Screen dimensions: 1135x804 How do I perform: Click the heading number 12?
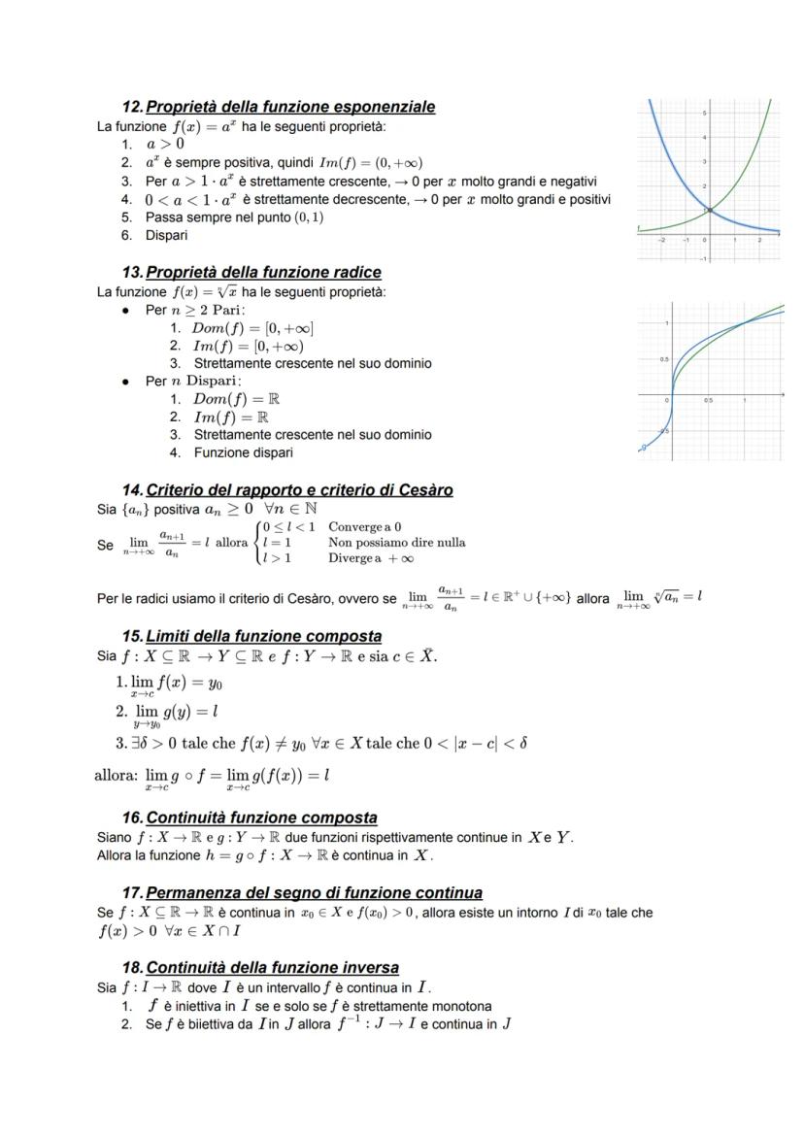pos(132,107)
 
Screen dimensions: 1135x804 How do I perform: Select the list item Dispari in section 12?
pos(166,235)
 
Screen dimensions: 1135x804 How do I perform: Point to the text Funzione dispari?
pos(243,451)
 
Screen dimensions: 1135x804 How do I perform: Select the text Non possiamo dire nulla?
pos(396,543)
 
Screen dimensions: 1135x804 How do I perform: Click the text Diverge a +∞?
pos(371,558)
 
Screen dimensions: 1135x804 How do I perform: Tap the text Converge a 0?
pos(365,527)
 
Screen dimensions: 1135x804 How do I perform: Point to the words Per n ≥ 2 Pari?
pos(195,310)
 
